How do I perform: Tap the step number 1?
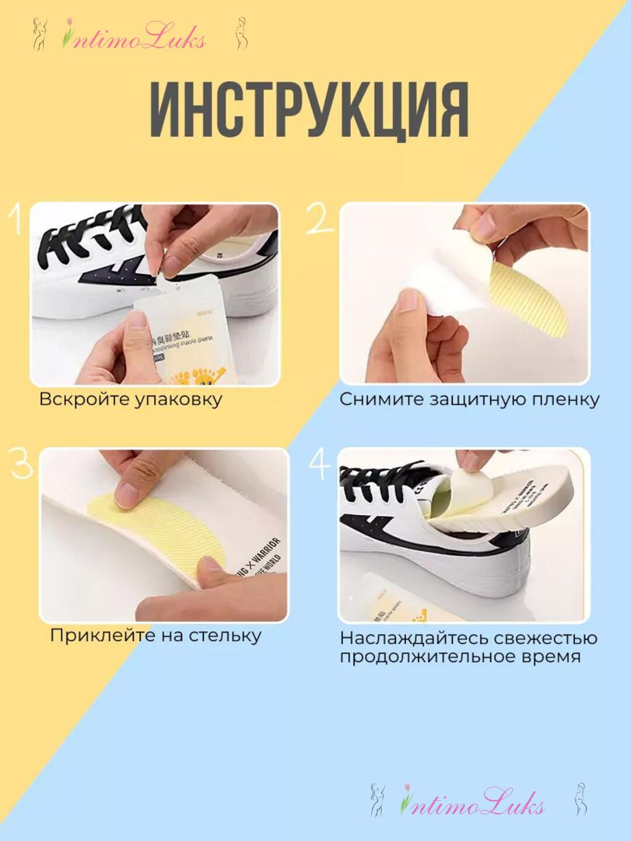click(x=16, y=220)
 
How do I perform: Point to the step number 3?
click(x=22, y=464)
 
